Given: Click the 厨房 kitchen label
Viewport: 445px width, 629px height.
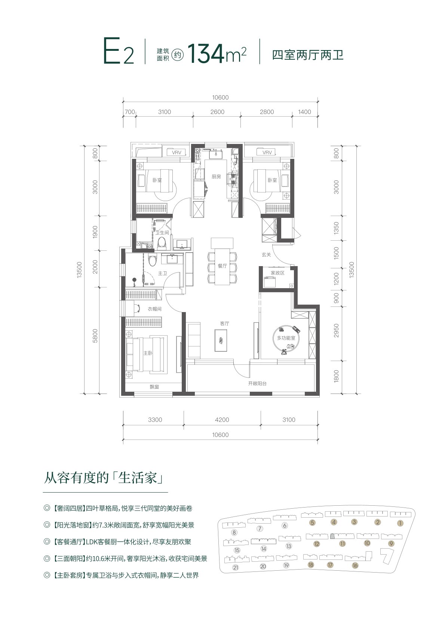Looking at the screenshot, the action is (x=216, y=177).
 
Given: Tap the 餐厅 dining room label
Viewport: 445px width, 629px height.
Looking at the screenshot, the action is (x=222, y=266).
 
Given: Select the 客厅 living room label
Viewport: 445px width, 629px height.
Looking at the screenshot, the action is (x=224, y=324).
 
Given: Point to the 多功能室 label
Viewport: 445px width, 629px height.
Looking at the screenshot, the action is (x=286, y=338).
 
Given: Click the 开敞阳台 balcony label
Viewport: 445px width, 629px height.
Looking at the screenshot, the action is (x=257, y=383).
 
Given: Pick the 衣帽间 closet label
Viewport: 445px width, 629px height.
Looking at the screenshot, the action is (x=155, y=309).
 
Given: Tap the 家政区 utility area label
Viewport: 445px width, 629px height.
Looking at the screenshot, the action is (x=277, y=273).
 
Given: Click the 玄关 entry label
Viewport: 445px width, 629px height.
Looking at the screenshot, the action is (x=266, y=255).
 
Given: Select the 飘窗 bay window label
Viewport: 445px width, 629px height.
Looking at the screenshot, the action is (x=154, y=387).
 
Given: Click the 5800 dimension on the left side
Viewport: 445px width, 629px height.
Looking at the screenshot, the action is (x=95, y=336).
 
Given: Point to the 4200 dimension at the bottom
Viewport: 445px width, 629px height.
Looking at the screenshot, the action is (x=222, y=420).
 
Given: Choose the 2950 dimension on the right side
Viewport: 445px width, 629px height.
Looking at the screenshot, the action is (x=336, y=330).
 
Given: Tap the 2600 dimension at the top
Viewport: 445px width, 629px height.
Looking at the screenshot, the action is (x=217, y=112).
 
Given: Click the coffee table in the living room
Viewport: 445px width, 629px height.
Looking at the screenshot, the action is (x=221, y=340).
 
